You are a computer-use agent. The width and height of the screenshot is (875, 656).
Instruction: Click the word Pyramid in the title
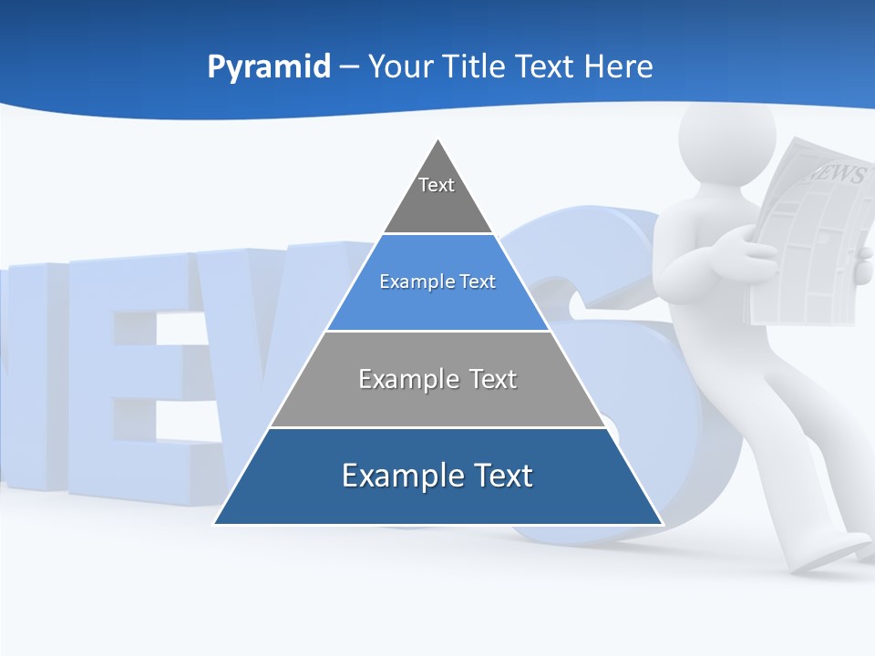point(268,67)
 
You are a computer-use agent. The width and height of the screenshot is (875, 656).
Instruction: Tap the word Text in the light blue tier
point(477,282)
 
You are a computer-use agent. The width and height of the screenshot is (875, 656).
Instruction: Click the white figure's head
point(726,137)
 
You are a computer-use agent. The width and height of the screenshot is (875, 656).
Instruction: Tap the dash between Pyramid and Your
point(349,67)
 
